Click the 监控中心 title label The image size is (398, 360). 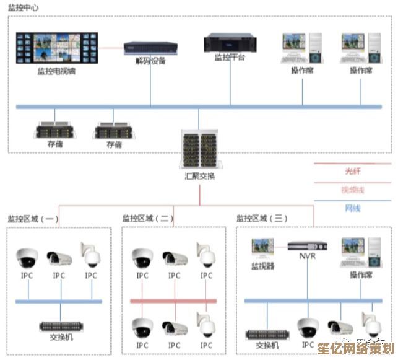click(24, 7)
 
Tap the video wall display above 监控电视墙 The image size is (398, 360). click(56, 47)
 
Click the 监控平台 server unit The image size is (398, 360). click(230, 43)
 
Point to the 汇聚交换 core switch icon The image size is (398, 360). click(199, 149)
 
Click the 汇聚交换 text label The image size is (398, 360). click(199, 175)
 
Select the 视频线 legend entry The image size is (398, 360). click(352, 190)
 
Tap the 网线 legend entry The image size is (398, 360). click(352, 208)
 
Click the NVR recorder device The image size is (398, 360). click(307, 245)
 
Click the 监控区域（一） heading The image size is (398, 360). click(33, 219)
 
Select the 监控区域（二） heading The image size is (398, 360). click(148, 219)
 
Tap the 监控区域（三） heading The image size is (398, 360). click(262, 219)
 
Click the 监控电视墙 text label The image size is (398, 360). click(56, 71)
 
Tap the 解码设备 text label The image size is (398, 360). click(150, 61)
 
